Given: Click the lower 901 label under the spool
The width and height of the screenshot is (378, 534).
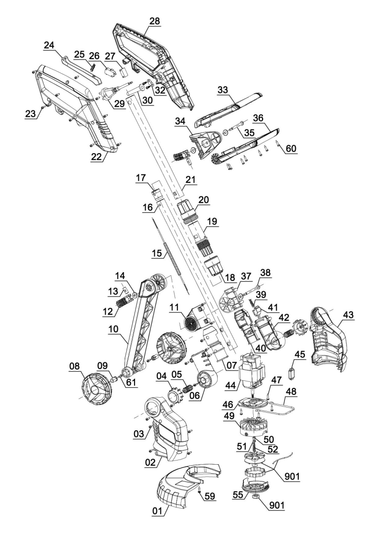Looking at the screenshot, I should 272,506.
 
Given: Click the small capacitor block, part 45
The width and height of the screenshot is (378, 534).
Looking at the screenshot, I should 292,375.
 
